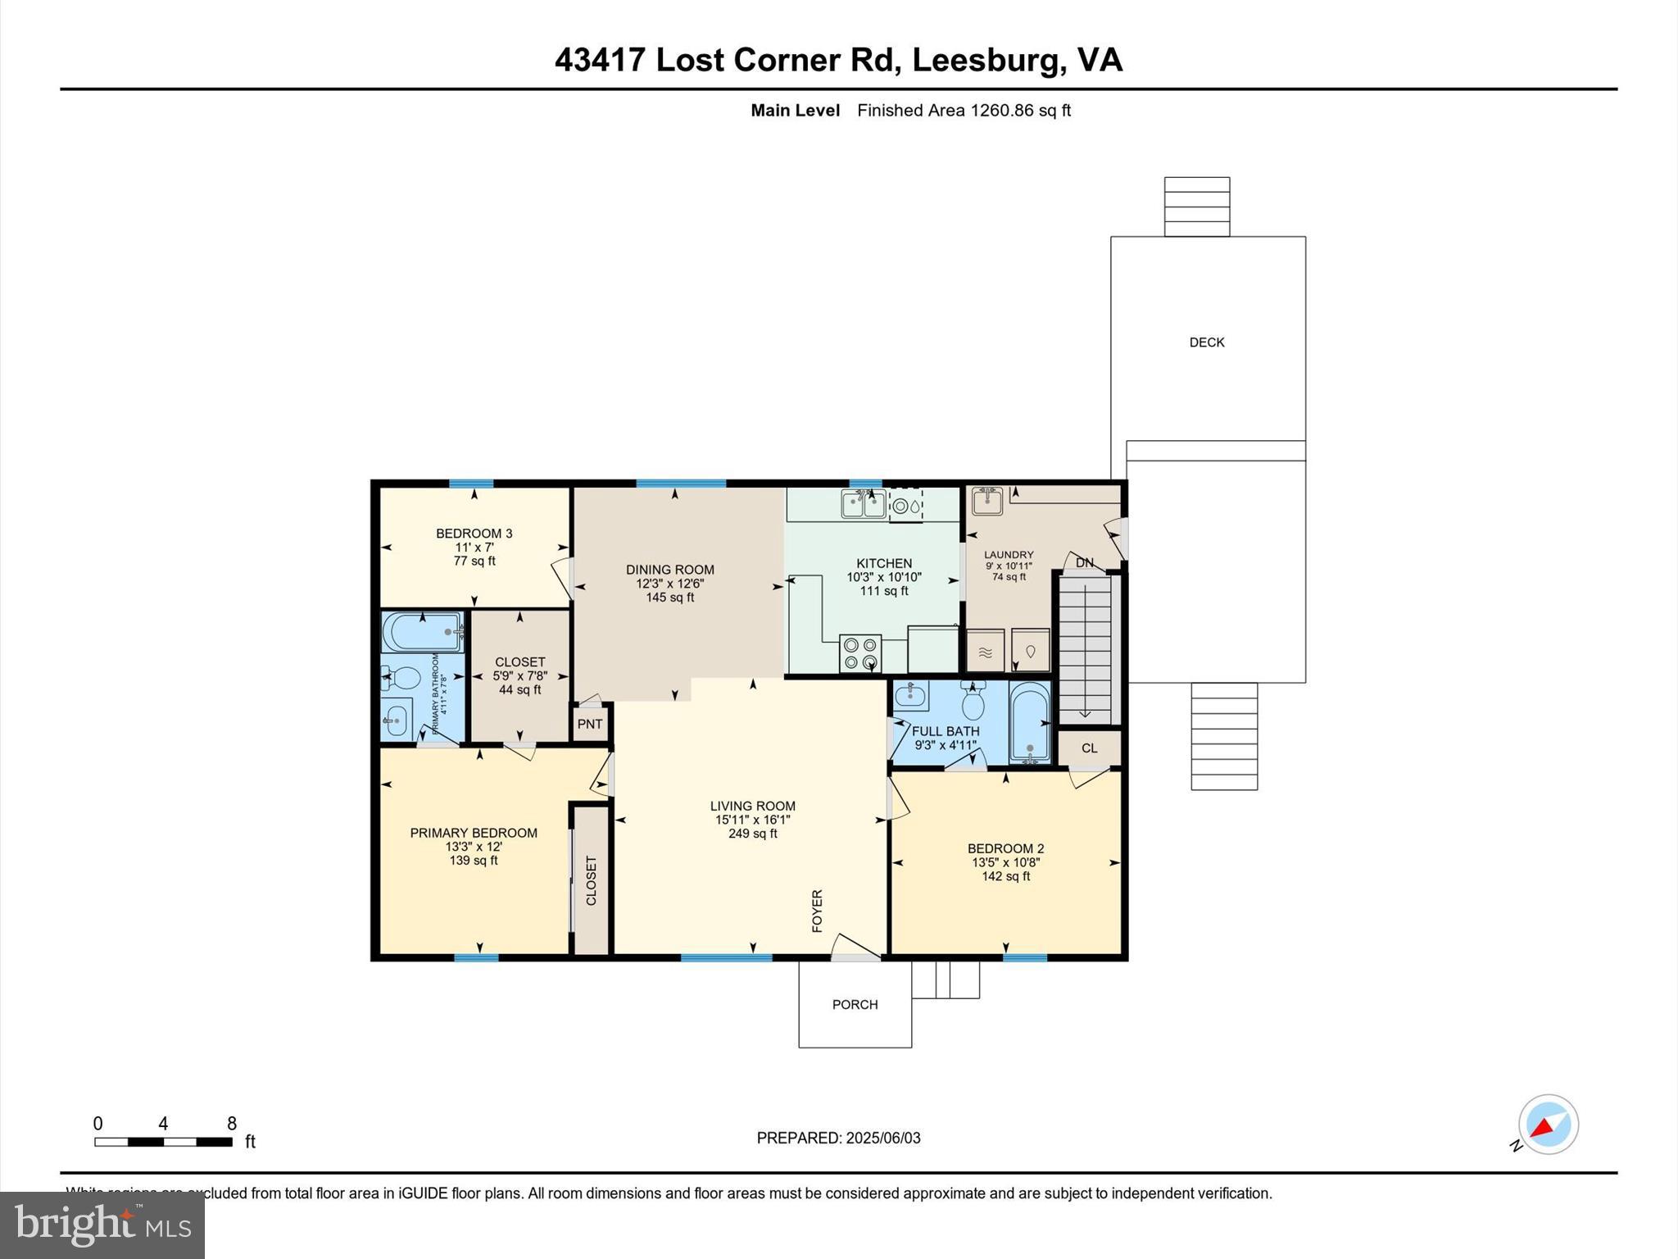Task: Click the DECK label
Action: point(1206,343)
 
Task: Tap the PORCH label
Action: point(855,1004)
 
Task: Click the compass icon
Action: point(1548,1125)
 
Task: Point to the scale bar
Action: point(163,1141)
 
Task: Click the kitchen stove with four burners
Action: point(860,653)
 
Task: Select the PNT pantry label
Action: point(589,724)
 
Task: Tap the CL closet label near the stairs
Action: point(1089,748)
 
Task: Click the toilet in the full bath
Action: point(973,702)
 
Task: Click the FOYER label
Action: point(817,911)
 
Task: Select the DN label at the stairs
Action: point(1084,562)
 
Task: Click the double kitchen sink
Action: point(863,504)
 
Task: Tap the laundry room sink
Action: point(987,501)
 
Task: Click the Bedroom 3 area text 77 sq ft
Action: point(474,561)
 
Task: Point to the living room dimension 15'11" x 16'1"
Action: point(752,820)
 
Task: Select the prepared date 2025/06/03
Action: point(883,1138)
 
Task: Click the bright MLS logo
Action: point(102,1225)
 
